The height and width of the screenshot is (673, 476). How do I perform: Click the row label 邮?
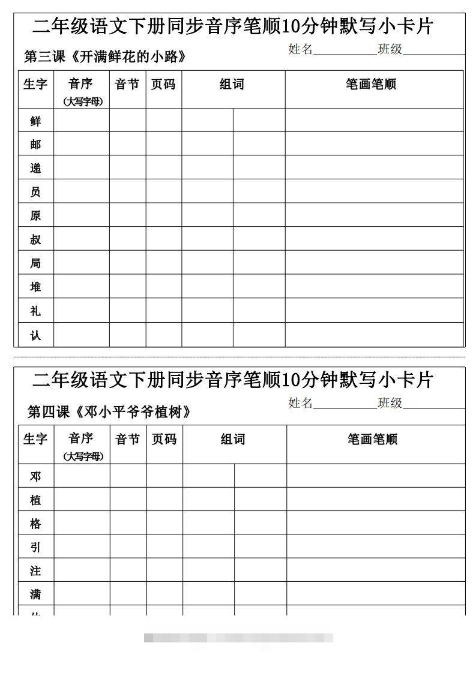(35, 145)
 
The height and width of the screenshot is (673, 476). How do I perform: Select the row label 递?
(35, 168)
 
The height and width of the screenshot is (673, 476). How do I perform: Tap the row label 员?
(35, 192)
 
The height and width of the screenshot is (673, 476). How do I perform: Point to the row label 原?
(35, 215)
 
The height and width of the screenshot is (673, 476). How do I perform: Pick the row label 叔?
(35, 239)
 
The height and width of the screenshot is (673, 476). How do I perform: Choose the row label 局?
(35, 263)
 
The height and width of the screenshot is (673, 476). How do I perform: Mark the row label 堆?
(35, 287)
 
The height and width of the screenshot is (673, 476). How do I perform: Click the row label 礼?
(35, 311)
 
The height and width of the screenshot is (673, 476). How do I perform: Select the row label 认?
(35, 335)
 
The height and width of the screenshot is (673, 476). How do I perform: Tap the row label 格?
(35, 524)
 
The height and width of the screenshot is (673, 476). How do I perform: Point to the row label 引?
(35, 547)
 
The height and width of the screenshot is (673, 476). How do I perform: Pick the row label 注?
(35, 570)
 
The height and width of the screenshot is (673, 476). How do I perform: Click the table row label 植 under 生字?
(35, 500)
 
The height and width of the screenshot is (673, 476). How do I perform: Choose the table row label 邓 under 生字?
(35, 476)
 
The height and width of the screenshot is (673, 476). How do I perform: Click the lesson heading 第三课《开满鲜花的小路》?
(104, 57)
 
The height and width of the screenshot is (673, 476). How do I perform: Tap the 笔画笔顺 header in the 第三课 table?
(371, 85)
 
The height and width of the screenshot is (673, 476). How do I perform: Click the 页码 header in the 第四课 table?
(164, 440)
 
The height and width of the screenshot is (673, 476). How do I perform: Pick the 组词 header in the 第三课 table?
(232, 85)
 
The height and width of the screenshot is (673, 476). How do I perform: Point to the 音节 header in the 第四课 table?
(128, 440)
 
